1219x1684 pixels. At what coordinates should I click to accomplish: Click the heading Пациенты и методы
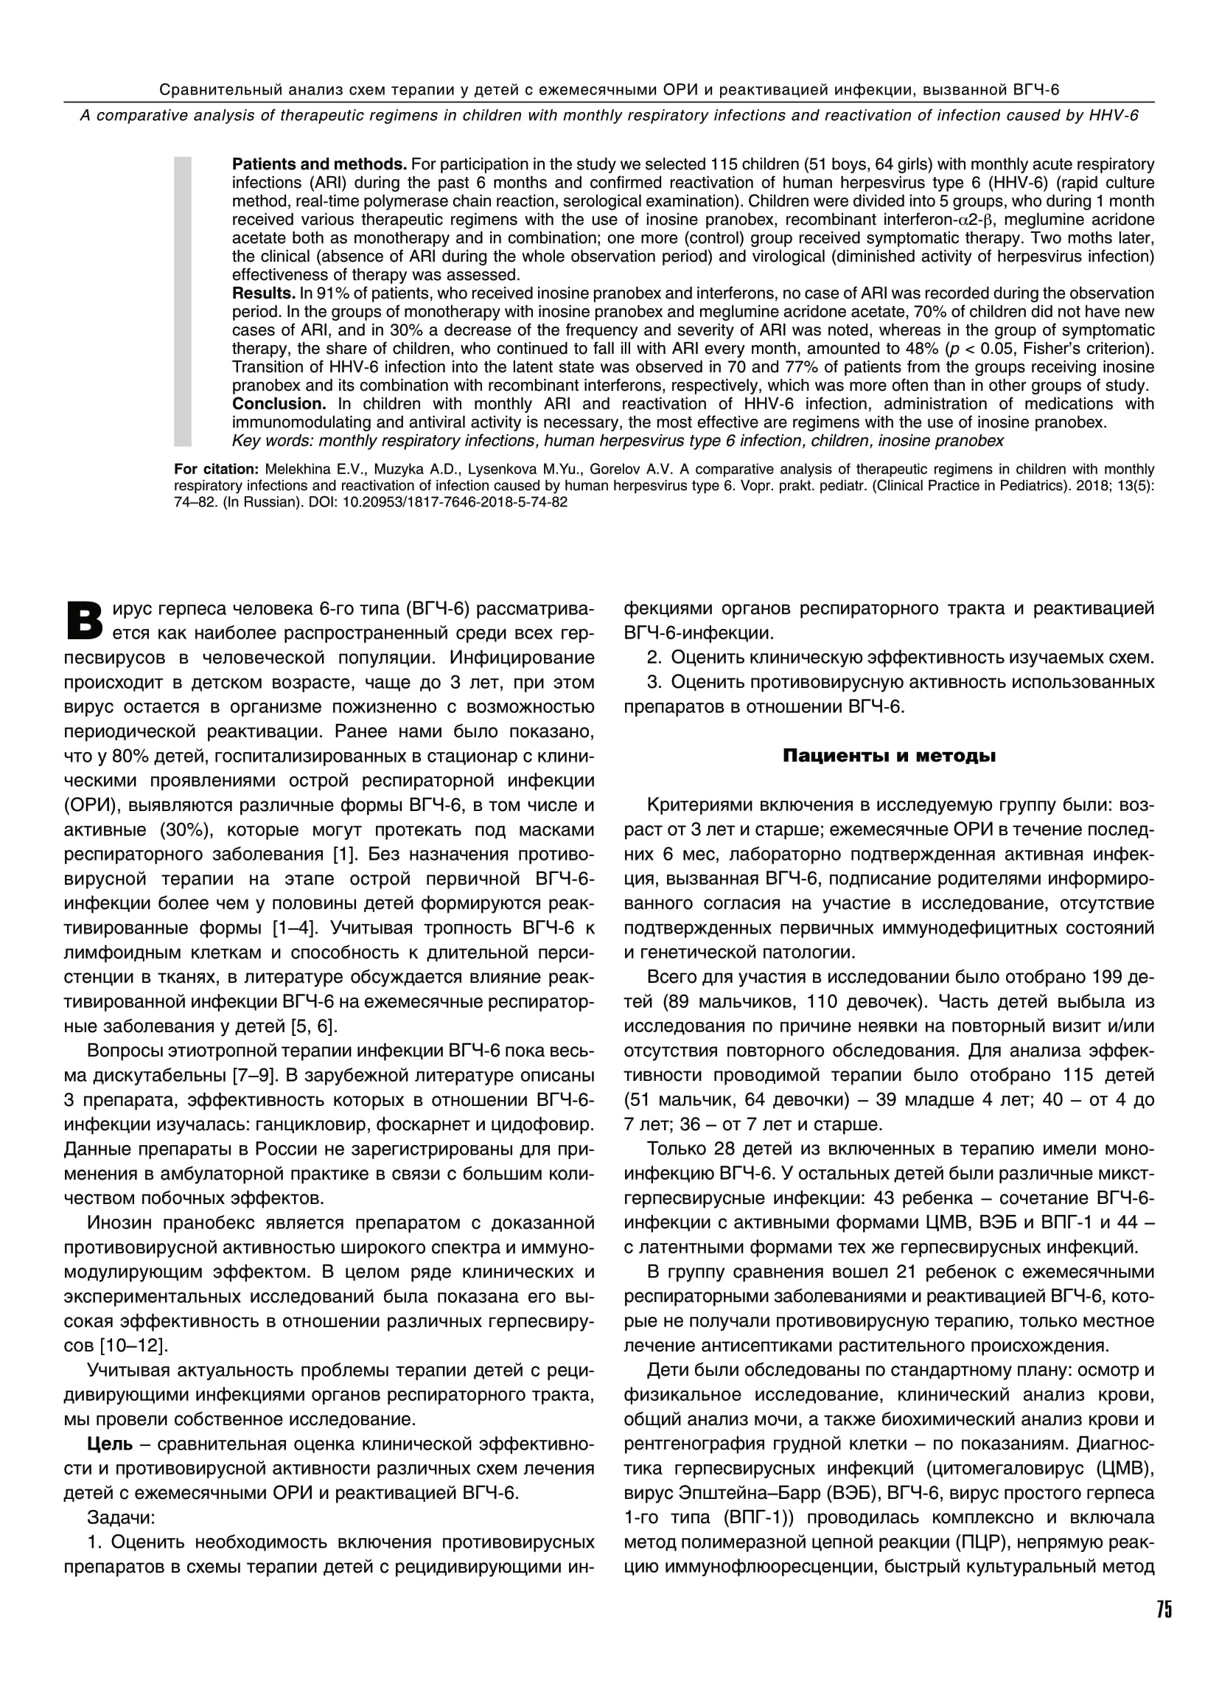[x=889, y=756]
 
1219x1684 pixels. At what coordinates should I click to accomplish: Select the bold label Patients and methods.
[x=319, y=164]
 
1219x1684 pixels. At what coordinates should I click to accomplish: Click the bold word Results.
[x=264, y=293]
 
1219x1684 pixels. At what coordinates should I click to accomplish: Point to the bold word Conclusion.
[x=279, y=404]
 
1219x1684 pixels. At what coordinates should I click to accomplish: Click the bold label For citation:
[x=216, y=469]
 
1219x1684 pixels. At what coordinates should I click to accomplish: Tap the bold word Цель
[x=110, y=1444]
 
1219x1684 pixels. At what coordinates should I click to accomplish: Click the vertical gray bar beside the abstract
[x=183, y=301]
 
